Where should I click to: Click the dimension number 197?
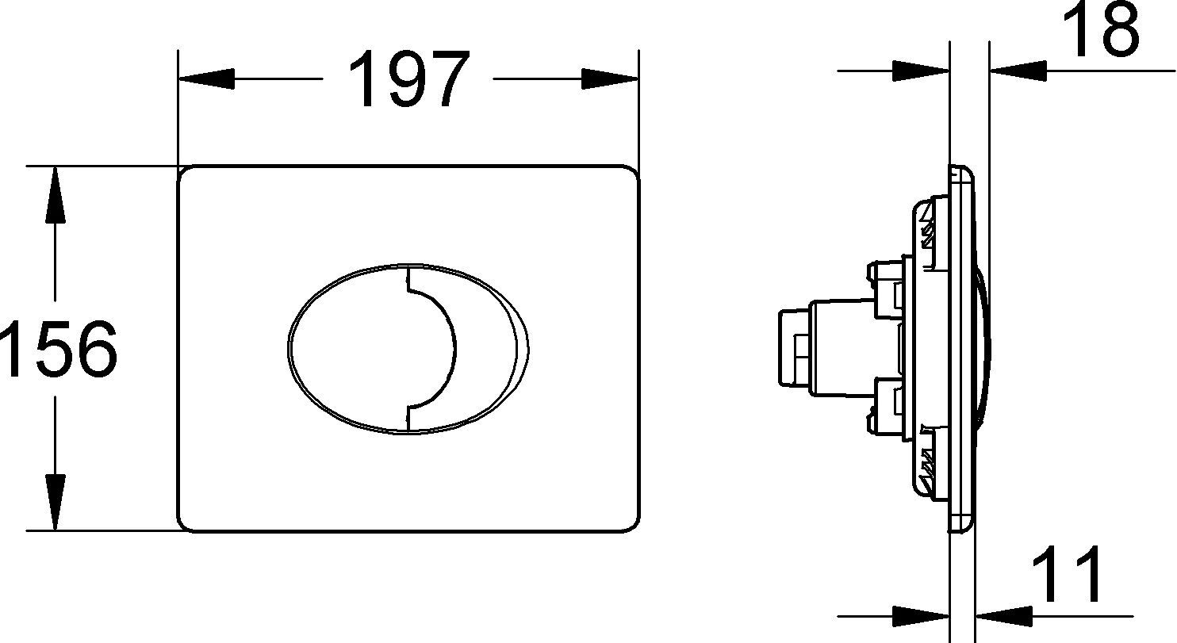point(408,79)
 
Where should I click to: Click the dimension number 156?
point(57,349)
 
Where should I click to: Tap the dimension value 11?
point(1068,574)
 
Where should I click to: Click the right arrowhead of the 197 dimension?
point(611,78)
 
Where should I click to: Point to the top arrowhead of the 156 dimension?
point(55,194)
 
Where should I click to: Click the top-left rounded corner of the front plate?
point(186,174)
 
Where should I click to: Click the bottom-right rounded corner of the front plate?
point(631,522)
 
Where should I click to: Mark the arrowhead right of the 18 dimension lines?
point(1017,71)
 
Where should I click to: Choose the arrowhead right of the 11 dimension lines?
point(1003,614)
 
